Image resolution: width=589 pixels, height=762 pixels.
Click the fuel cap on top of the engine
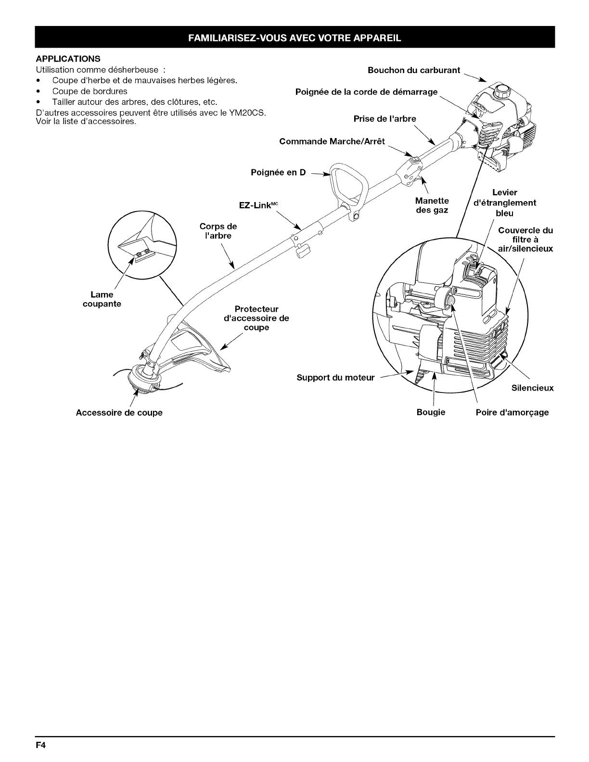503,89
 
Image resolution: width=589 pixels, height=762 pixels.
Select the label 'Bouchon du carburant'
414,70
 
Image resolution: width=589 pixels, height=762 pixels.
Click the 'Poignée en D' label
278,172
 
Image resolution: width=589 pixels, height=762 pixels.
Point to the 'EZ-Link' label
256,205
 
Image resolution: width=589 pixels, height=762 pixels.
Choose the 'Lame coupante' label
102,299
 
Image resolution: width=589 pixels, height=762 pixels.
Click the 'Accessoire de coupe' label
119,413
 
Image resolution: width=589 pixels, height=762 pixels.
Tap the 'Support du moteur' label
335,378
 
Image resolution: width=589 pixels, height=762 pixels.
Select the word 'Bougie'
431,412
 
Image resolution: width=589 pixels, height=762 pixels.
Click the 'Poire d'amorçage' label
512,412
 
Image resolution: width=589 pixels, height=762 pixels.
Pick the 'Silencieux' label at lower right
532,388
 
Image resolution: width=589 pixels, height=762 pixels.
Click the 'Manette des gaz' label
432,205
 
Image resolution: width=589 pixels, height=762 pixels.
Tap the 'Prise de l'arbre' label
384,119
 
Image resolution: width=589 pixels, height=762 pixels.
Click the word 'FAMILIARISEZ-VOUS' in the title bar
234,38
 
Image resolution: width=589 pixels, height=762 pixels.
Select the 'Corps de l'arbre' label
218,231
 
